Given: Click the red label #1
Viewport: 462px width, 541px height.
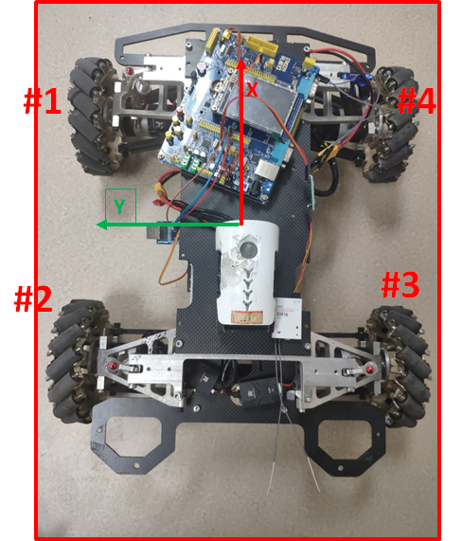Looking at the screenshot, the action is pos(43,100).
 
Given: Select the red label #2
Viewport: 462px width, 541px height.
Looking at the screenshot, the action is pos(33,298).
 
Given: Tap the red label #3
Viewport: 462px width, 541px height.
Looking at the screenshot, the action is pos(400,284).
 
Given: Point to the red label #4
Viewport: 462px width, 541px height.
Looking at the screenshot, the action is pos(417,101).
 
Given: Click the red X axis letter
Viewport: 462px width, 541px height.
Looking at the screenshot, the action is pos(252,90).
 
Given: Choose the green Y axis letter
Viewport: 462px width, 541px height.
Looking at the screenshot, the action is pos(119,207).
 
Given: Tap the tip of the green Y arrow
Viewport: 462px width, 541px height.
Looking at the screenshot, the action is pos(97,225).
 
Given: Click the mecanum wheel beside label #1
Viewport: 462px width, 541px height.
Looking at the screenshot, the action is pos(94,117).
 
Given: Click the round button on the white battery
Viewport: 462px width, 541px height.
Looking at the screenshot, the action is pos(247,248).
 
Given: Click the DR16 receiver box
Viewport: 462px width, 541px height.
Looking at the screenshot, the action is pos(288,318).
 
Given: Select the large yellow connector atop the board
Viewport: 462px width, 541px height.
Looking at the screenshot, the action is pos(262,45).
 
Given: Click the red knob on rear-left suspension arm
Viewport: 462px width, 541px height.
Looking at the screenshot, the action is pos(113,366).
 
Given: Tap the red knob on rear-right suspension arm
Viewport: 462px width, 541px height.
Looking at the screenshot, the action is pos(369,370).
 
